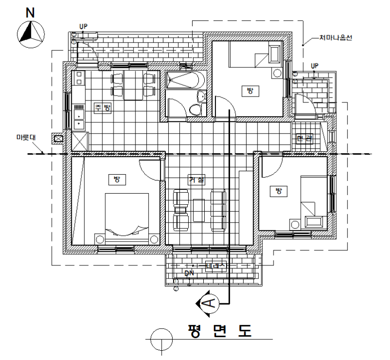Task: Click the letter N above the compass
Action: tap(30, 12)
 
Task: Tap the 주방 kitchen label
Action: tap(102, 108)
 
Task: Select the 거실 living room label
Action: tap(197, 180)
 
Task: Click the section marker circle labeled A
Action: tap(209, 303)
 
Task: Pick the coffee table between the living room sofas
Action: tap(198, 210)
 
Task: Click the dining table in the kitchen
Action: tap(133, 85)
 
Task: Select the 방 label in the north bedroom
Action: tap(250, 91)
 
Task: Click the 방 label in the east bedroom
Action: tap(278, 191)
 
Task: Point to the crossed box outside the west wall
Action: tap(58, 139)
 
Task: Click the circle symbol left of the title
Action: tap(162, 338)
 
